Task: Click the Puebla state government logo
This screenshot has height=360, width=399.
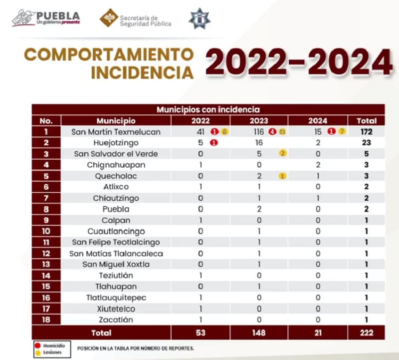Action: tap(46, 18)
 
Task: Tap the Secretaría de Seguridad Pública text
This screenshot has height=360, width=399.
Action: tap(145, 20)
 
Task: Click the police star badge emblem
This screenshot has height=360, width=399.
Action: tap(199, 18)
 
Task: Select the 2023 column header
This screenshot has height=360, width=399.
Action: tap(259, 121)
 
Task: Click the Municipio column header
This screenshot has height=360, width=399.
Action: tap(116, 121)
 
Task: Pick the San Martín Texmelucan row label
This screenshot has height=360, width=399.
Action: tap(116, 132)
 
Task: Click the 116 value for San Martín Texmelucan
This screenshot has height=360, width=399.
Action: tap(258, 132)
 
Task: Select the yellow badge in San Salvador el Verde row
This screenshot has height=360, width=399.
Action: tap(283, 154)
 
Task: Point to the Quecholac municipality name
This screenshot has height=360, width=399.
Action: tap(116, 176)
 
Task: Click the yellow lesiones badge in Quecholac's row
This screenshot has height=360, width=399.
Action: tap(282, 176)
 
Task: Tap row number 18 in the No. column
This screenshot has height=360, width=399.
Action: tap(46, 320)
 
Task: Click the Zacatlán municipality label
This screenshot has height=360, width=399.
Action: tap(116, 320)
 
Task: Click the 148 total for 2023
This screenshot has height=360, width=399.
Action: tap(259, 332)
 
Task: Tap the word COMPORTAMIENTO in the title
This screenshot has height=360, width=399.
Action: tap(109, 54)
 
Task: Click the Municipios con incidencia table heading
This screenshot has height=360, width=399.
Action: tap(208, 109)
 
